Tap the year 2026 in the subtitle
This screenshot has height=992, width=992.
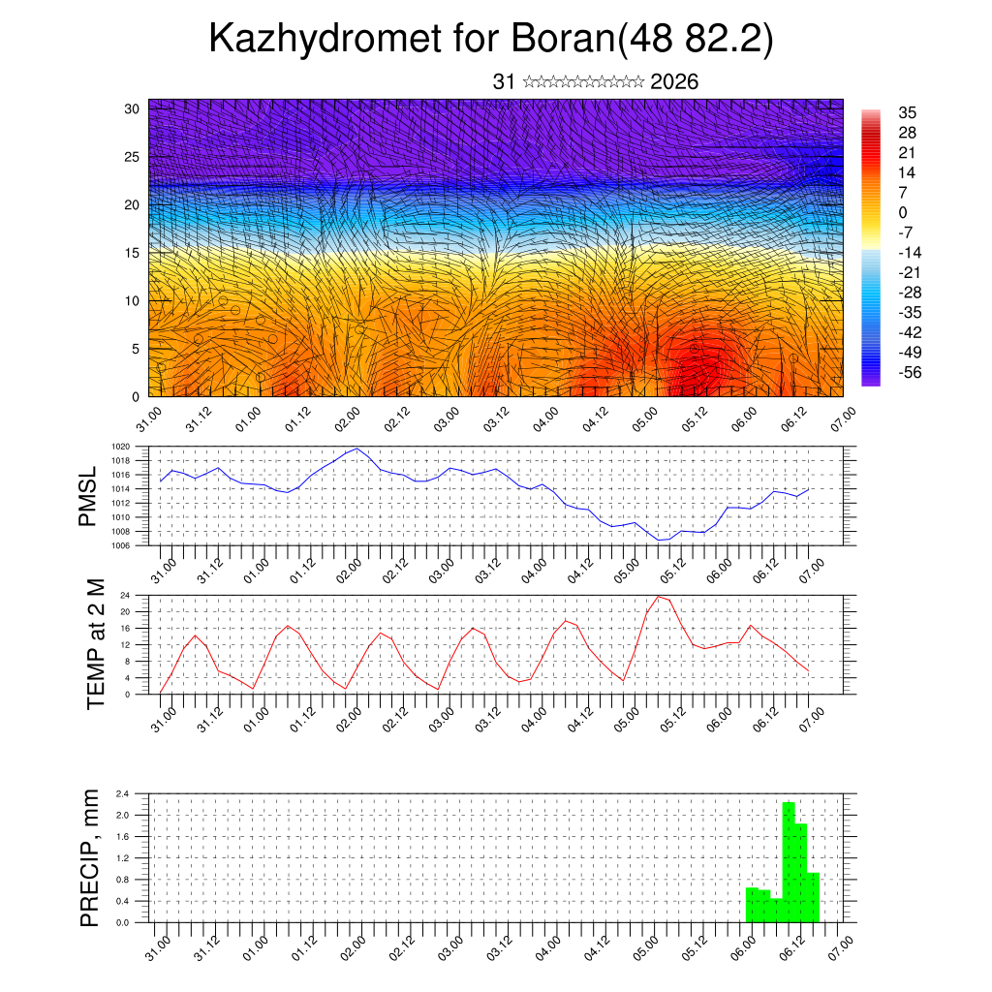pyautogui.click(x=674, y=82)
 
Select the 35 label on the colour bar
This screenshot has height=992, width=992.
pyautogui.click(x=908, y=112)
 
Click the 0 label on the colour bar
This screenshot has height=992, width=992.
pyautogui.click(x=903, y=212)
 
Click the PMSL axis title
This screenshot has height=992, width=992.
pyautogui.click(x=88, y=496)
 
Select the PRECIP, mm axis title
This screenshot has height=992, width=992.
pyautogui.click(x=90, y=857)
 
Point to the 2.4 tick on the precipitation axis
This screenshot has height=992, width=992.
pyautogui.click(x=122, y=793)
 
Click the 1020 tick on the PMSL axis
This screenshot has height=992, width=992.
pyautogui.click(x=120, y=447)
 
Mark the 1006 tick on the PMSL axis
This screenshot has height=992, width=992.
pyautogui.click(x=120, y=545)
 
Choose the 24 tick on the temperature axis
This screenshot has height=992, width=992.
pyautogui.click(x=126, y=595)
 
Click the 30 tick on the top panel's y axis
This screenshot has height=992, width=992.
pyautogui.click(x=133, y=108)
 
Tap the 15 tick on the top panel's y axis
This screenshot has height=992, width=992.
pyautogui.click(x=133, y=253)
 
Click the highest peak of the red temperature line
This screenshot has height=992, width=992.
pyautogui.click(x=659, y=596)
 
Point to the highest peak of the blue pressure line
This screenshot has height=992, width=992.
pyautogui.click(x=357, y=449)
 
